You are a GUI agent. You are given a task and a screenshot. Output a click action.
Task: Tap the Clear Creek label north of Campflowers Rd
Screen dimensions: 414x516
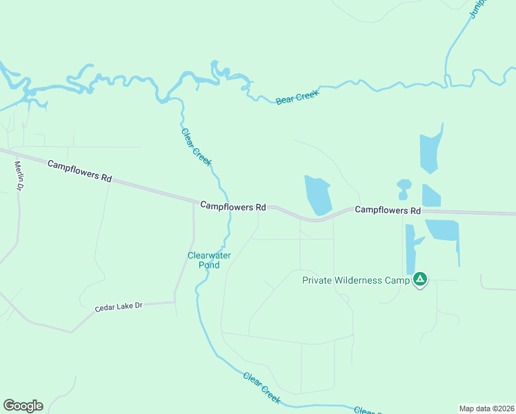(196, 147)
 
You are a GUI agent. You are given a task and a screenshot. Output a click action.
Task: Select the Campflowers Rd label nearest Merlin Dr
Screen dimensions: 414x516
(79, 170)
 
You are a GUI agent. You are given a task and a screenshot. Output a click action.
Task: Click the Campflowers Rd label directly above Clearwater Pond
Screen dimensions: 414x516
(233, 206)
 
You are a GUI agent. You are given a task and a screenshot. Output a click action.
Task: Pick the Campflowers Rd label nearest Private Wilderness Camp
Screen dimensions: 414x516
(387, 210)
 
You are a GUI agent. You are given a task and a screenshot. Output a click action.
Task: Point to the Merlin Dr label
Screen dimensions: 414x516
(20, 176)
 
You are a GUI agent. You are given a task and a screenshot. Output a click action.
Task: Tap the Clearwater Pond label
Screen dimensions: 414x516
(209, 260)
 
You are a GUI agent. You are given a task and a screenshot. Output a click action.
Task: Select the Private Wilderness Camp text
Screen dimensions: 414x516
(355, 280)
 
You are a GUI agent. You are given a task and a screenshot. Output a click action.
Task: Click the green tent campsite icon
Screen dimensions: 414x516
(420, 279)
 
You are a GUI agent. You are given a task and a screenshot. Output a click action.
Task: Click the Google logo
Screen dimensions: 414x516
(23, 406)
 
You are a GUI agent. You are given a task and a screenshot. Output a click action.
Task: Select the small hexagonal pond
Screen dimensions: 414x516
(404, 184)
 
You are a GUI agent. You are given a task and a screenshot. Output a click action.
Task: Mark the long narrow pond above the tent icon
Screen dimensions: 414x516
(410, 248)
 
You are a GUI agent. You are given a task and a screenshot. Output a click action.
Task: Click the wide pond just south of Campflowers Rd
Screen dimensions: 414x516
(443, 230)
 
